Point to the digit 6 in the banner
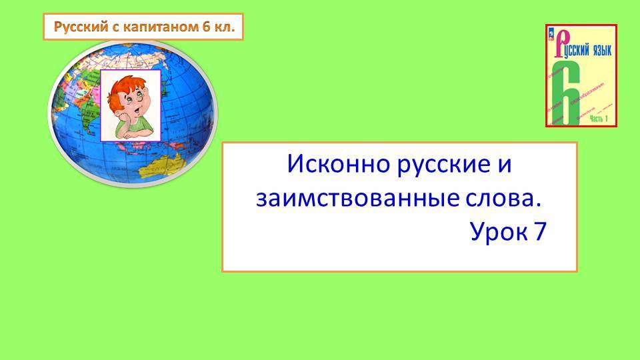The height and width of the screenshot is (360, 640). coord(198,28)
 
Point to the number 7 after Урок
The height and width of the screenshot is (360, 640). coord(539,232)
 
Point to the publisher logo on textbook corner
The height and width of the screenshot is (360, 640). coord(551,31)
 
